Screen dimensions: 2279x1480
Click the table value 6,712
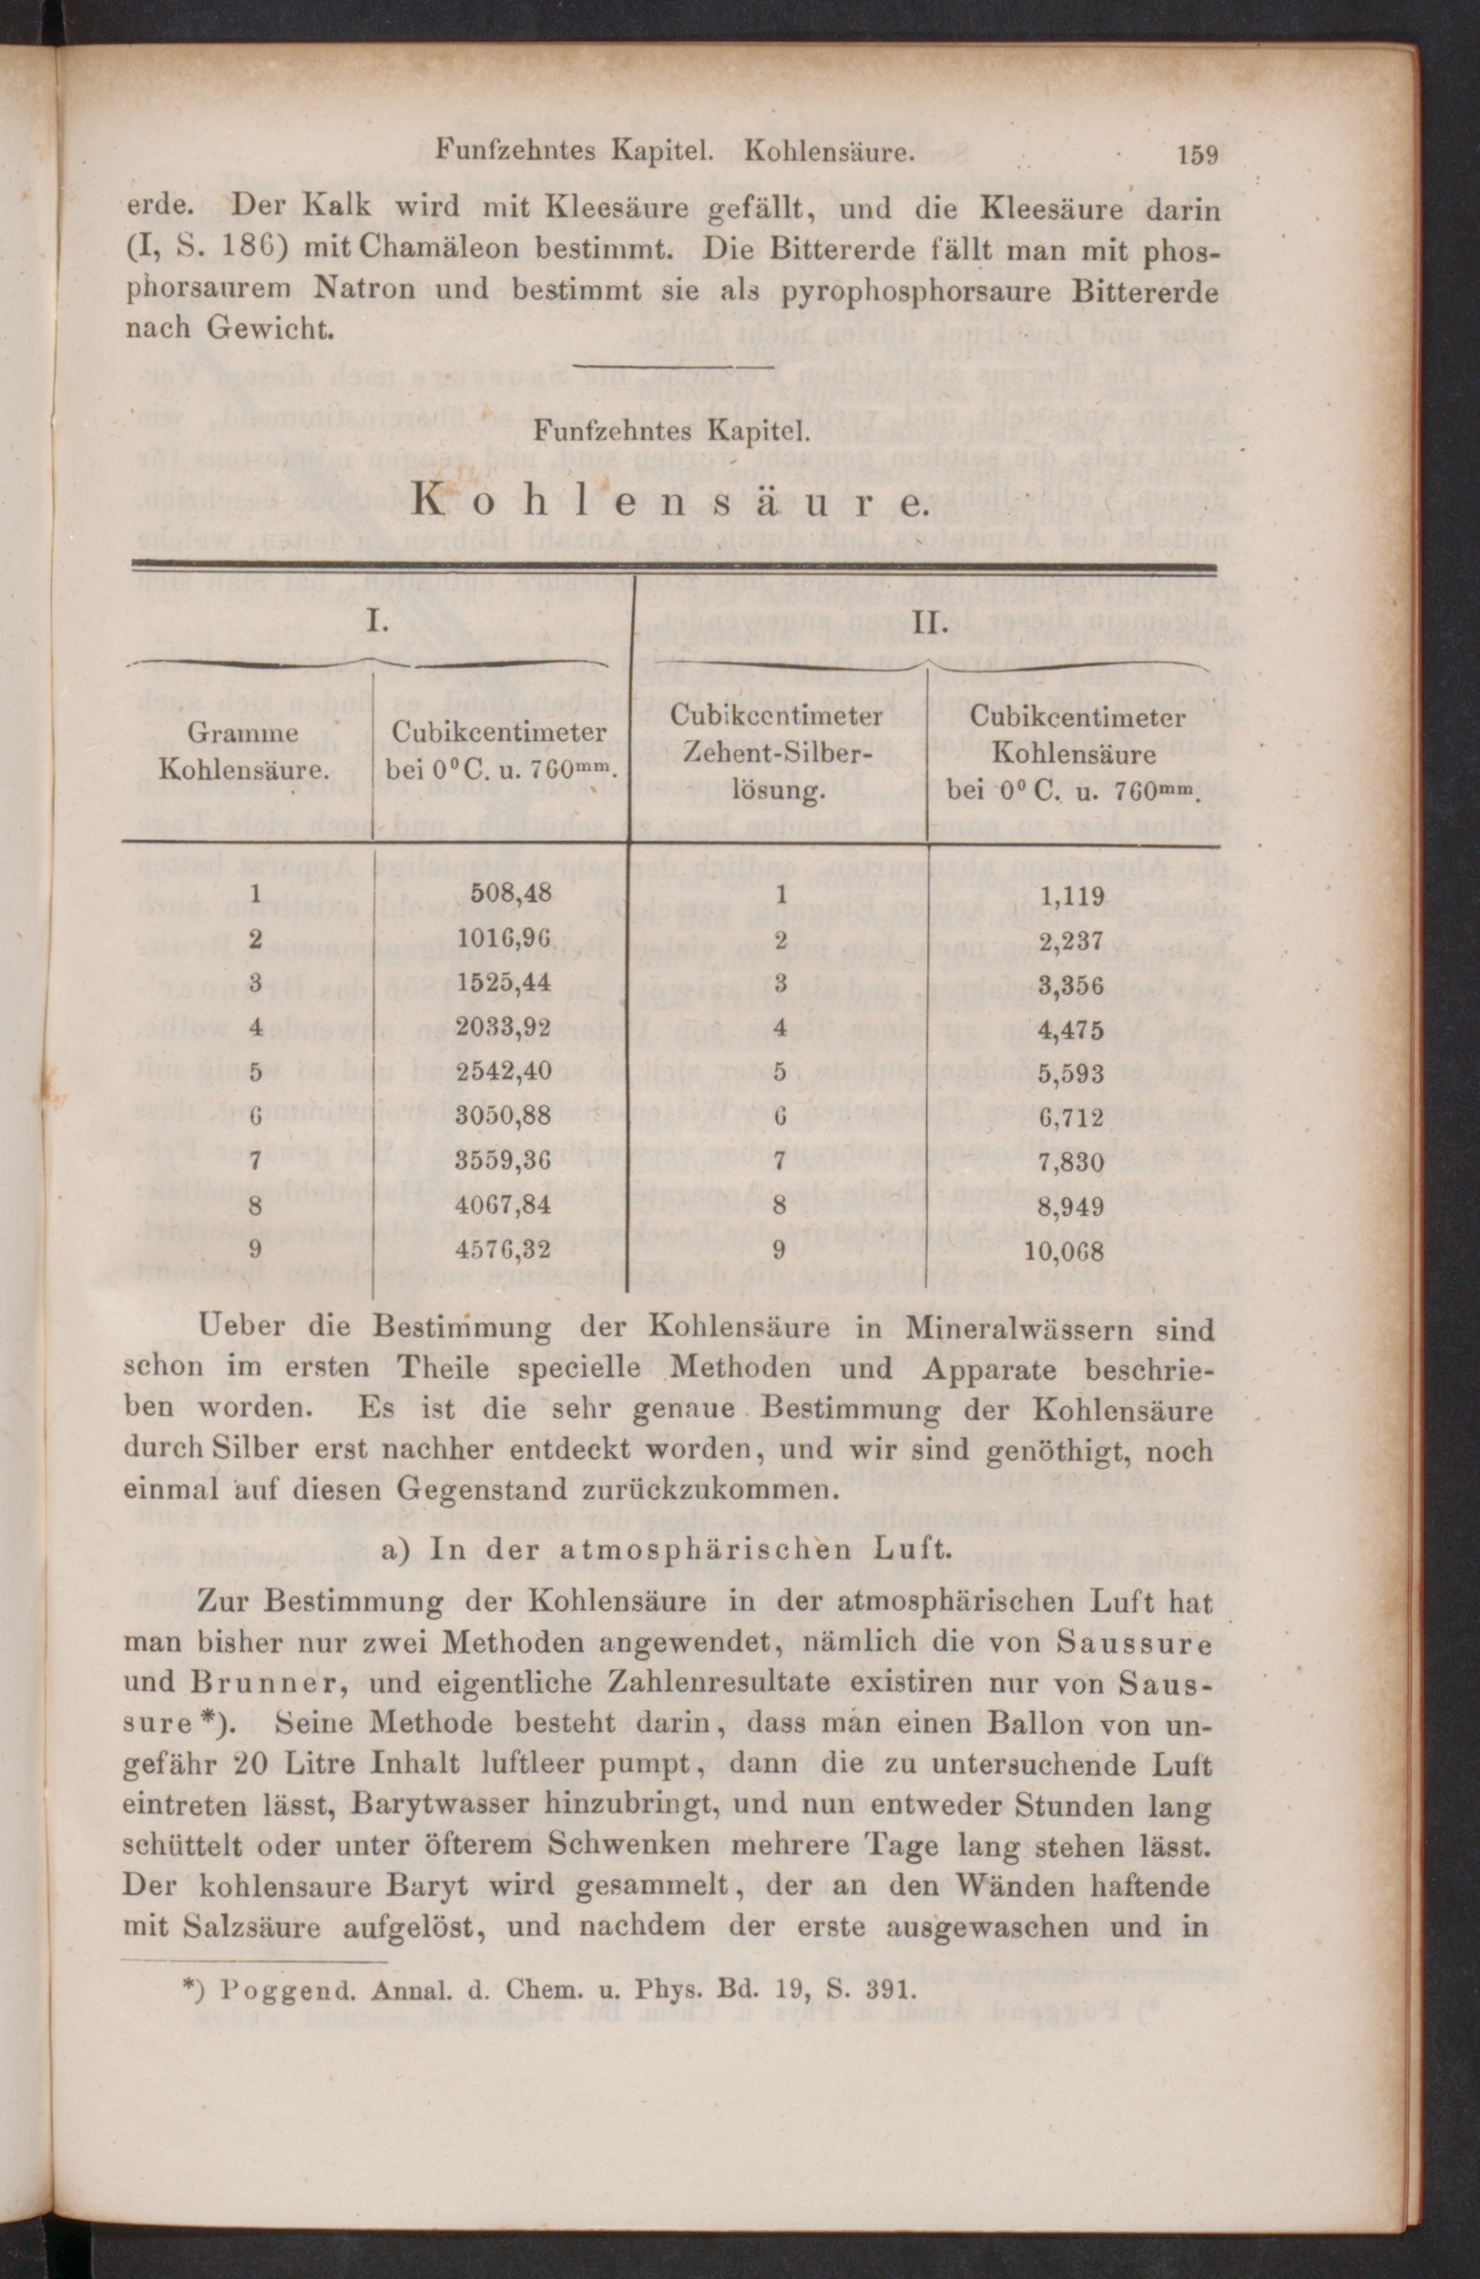coord(1072,1117)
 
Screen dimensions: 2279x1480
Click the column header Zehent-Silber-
coord(776,754)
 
